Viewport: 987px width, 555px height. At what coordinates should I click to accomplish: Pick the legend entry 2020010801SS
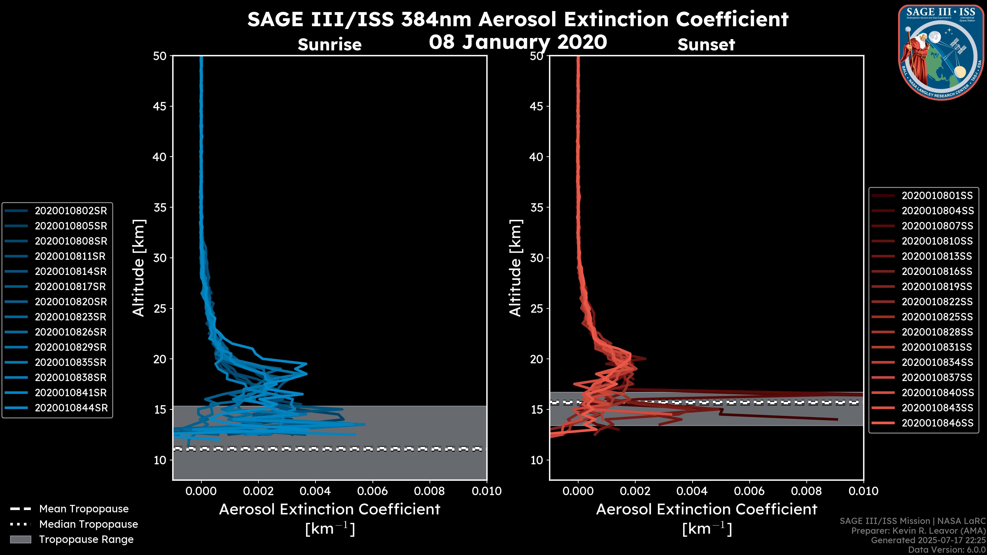[937, 196]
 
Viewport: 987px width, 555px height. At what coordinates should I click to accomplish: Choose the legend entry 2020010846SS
[937, 423]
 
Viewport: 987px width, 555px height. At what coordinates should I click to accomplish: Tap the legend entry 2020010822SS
[937, 302]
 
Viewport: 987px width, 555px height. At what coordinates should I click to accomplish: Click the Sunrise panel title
[330, 44]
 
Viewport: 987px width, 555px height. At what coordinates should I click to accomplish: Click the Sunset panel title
[706, 44]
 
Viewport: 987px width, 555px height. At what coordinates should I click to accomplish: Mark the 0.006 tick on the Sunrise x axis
[372, 491]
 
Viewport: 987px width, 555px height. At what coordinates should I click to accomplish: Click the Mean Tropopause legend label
[84, 509]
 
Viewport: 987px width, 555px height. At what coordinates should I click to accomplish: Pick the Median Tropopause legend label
[88, 524]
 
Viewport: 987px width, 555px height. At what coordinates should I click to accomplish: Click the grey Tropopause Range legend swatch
[20, 539]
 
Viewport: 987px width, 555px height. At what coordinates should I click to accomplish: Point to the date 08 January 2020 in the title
[518, 42]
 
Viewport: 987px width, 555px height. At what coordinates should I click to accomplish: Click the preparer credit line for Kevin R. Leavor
[918, 531]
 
